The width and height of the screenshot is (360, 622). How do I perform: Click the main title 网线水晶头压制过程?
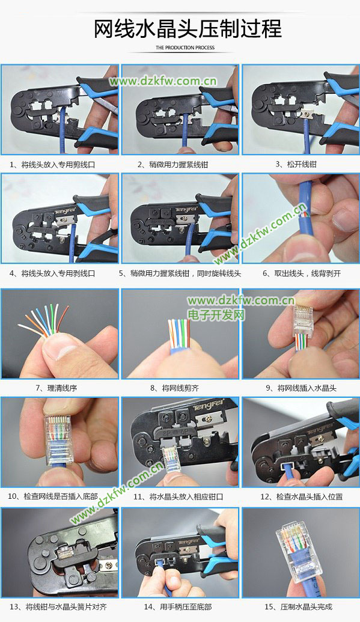[x=188, y=29]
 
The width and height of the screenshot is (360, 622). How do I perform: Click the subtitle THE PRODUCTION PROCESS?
[x=185, y=47]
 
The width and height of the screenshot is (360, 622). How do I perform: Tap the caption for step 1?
[x=52, y=165]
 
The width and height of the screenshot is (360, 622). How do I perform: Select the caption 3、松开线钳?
[x=296, y=164]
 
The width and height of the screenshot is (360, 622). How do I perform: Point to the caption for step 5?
[x=180, y=273]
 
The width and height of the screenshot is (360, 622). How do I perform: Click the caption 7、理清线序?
[x=56, y=388]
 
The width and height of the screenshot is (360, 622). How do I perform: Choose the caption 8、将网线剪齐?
[x=174, y=388]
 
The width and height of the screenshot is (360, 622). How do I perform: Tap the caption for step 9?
[x=301, y=388]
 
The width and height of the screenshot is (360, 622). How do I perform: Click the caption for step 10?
[x=53, y=496]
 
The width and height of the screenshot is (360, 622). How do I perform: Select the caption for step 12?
[x=301, y=496]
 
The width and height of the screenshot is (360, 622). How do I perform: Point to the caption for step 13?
[x=58, y=607]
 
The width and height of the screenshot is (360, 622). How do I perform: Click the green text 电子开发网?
[x=216, y=315]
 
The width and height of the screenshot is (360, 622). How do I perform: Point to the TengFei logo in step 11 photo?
[x=209, y=404]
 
